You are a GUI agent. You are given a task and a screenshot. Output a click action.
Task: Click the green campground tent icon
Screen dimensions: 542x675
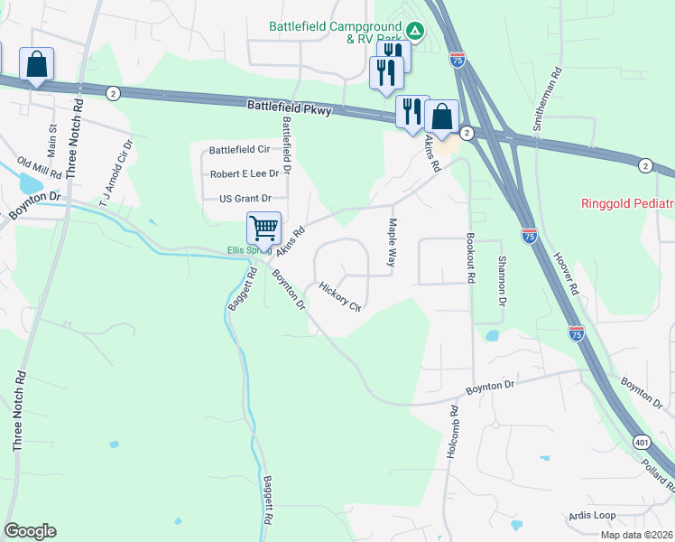[x=414, y=30]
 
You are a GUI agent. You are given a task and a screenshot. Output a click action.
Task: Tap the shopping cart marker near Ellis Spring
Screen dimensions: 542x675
[x=264, y=227]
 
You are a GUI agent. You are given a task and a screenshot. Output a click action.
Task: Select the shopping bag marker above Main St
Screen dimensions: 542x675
[x=36, y=65]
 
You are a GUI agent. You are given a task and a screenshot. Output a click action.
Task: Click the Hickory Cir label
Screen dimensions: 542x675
[x=340, y=295]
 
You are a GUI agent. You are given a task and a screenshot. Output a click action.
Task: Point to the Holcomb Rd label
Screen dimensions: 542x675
[x=454, y=428]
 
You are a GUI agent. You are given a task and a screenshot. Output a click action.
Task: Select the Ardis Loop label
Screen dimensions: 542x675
[x=592, y=515]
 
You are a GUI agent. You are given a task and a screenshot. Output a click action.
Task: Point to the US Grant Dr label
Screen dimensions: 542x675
[x=245, y=198]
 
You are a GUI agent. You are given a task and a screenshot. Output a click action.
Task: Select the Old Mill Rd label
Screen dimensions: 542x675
[x=39, y=167]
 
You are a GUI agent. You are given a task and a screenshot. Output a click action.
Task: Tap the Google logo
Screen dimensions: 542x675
[x=30, y=531]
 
